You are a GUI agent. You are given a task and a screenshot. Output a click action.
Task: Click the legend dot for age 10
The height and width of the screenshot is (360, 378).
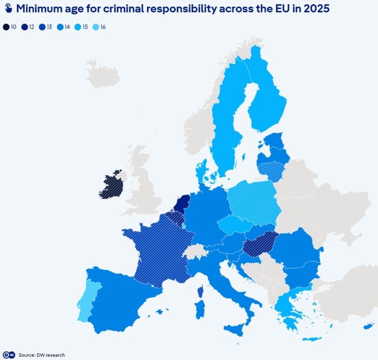coord(6,27)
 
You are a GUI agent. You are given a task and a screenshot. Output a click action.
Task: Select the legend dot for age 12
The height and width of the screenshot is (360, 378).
coord(25,27)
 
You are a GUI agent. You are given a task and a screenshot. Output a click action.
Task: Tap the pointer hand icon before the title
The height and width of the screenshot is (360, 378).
coord(8,9)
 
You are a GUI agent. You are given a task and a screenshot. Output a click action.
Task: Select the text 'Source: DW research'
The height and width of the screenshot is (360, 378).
coord(41,355)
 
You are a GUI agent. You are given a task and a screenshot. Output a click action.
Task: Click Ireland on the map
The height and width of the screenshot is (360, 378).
coord(111,186)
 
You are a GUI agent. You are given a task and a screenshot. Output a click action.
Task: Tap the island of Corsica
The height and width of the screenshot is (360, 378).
coord(200,292)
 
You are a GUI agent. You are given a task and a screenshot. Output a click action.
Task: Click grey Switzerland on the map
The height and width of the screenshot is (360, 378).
coord(195,251)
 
